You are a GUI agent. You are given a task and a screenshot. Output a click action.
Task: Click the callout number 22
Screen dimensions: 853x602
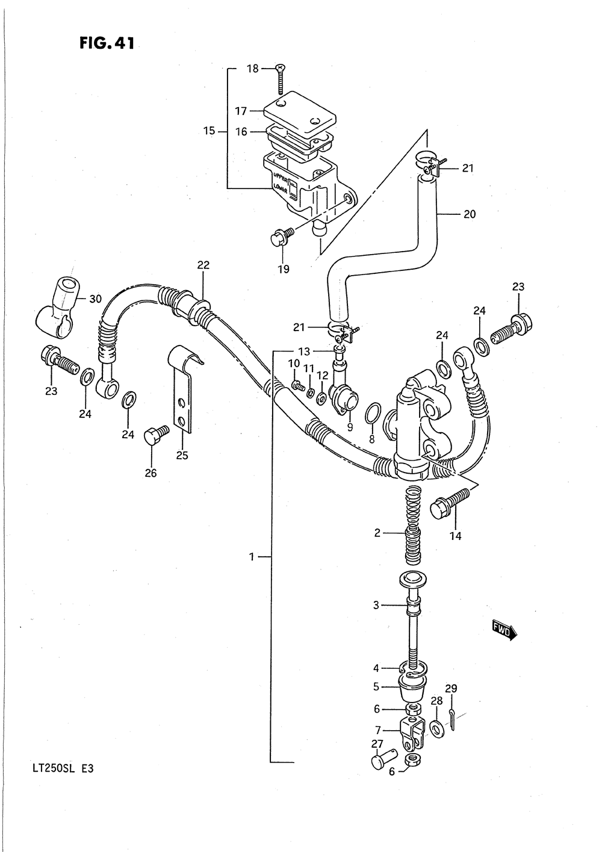click(203, 265)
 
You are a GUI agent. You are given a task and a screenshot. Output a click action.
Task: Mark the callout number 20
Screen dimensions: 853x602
click(470, 213)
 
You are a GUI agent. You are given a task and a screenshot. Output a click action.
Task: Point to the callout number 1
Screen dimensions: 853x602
click(252, 557)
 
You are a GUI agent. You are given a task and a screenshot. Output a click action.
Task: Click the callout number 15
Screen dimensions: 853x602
click(209, 130)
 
